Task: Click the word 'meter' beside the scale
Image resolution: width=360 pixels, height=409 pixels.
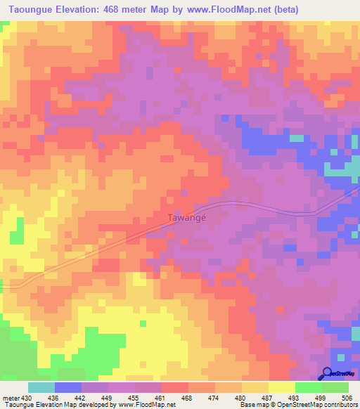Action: point(11,398)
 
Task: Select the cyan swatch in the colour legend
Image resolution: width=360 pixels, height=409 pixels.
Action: point(41,387)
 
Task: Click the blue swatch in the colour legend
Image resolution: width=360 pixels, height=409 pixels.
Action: point(68,387)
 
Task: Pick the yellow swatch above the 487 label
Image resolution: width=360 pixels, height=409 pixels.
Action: point(255,387)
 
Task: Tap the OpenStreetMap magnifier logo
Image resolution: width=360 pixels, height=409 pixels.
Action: point(327,373)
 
